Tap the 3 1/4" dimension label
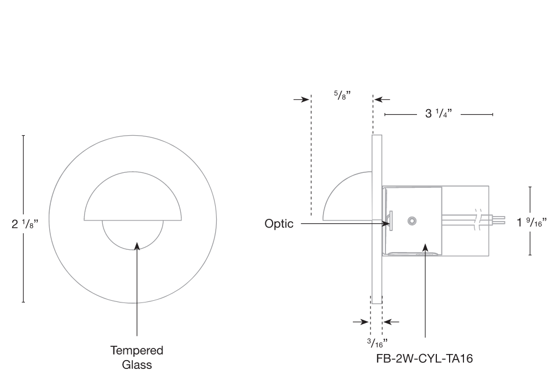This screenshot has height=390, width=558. pyautogui.click(x=439, y=114)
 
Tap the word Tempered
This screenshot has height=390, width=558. pyautogui.click(x=137, y=351)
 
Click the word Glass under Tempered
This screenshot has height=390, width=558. pyautogui.click(x=137, y=365)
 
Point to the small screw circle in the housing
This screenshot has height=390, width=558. pyautogui.click(x=411, y=221)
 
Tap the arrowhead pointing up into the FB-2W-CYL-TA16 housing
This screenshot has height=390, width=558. pyautogui.click(x=425, y=247)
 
